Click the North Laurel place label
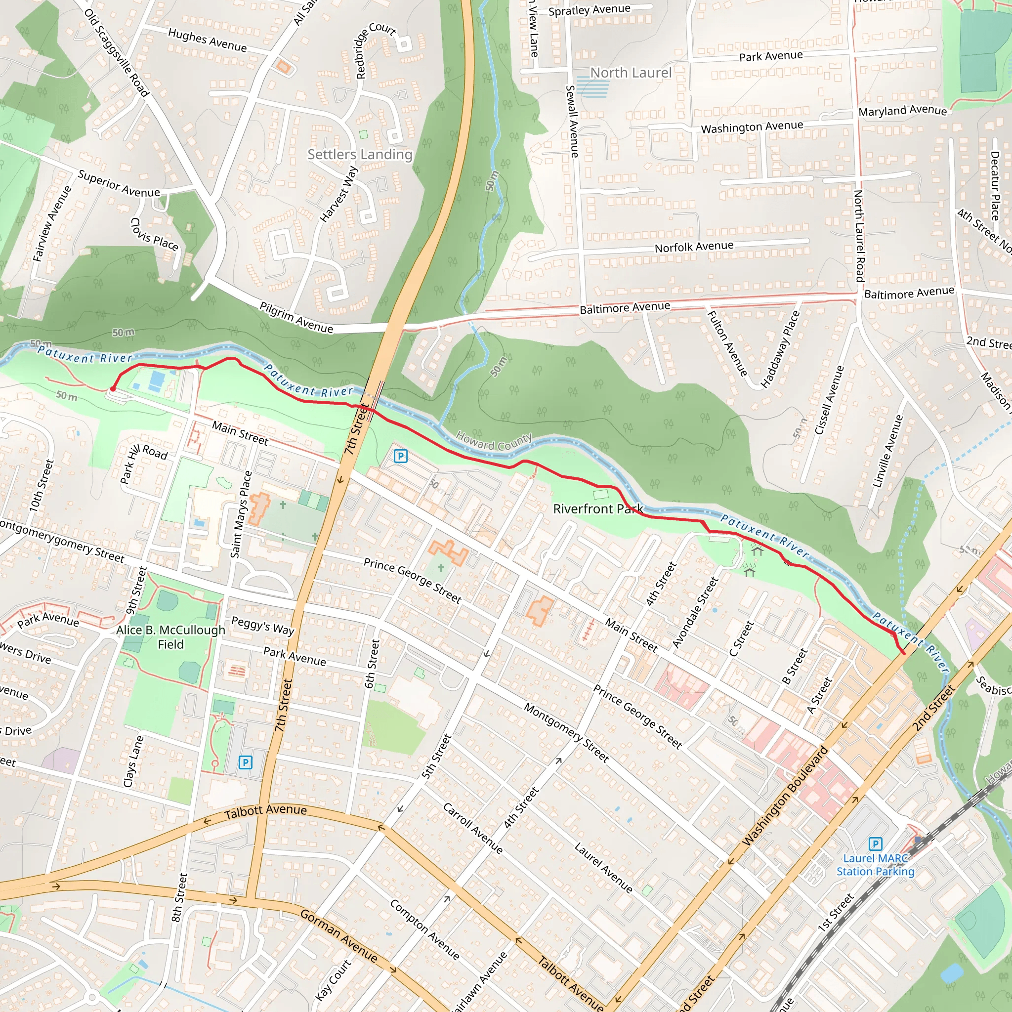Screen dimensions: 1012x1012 pos(631,73)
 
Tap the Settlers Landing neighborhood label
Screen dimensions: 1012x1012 pos(360,155)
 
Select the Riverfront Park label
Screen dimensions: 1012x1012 pos(598,508)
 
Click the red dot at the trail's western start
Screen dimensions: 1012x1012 pos(113,389)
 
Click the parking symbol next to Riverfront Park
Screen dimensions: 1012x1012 pos(400,456)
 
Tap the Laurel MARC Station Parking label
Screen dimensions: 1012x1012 pos(875,865)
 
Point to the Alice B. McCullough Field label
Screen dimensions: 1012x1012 pos(171,637)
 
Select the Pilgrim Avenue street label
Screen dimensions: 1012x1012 pos(296,317)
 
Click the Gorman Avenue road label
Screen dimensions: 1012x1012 pos(338,935)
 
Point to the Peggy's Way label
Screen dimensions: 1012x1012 pos(262,626)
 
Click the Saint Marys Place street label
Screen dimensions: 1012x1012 pos(242,514)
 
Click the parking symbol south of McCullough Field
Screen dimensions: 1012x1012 pos(245,762)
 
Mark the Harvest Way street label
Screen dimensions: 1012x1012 pos(339,194)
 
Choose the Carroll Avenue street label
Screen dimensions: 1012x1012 pos(472,828)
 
